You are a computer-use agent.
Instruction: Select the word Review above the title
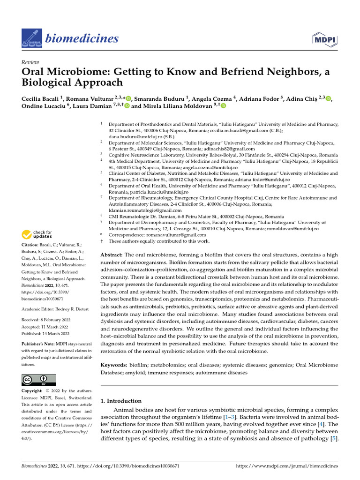coord(30,61)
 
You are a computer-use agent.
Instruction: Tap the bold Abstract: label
coord(112,254)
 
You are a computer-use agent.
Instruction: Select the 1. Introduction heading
coord(121,401)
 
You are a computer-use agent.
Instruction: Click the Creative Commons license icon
coord(38,380)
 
